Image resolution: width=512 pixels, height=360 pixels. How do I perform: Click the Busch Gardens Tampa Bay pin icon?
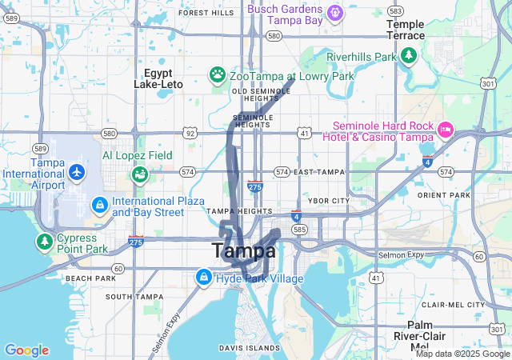pyautogui.click(x=335, y=12)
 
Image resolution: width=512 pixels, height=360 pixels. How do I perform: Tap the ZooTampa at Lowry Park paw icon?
pyautogui.click(x=218, y=75)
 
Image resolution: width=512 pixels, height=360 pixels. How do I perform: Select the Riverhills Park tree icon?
pyautogui.click(x=409, y=56)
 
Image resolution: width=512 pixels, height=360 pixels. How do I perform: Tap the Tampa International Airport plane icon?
pyautogui.click(x=77, y=172)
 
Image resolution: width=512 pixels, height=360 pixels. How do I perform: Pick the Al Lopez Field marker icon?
pyautogui.click(x=139, y=173)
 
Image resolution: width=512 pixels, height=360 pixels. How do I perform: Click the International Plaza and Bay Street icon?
pyautogui.click(x=100, y=206)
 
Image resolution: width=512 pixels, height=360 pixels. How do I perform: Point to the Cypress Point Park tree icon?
pyautogui.click(x=45, y=242)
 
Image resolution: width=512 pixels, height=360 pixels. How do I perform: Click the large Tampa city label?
pyautogui.click(x=244, y=250)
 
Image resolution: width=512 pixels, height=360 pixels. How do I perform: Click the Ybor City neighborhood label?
pyautogui.click(x=330, y=200)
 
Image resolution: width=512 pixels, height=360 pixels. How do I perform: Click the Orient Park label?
pyautogui.click(x=449, y=195)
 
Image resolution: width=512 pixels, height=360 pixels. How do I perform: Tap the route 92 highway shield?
pyautogui.click(x=189, y=133)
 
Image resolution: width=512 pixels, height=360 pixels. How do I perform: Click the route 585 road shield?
pyautogui.click(x=299, y=229)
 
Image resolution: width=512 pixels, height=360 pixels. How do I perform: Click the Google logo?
pyautogui.click(x=26, y=350)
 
